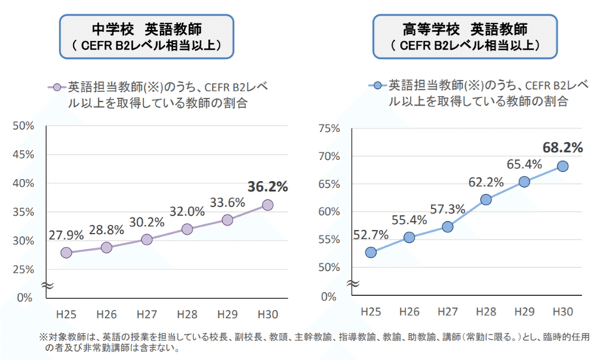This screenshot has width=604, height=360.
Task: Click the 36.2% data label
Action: tap(267, 186)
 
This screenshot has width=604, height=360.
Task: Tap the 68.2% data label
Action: tap(562, 147)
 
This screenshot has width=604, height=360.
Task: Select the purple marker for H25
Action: tap(66, 253)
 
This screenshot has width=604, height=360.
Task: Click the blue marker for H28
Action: tap(485, 199)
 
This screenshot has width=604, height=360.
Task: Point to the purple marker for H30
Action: tap(267, 205)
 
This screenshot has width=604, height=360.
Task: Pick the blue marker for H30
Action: tap(562, 166)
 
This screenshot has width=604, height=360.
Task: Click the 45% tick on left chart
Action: tap(23, 155)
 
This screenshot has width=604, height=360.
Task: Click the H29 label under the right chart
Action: tap(524, 312)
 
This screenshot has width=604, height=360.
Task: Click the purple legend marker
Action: tap(56, 88)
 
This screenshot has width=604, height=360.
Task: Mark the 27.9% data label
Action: tap(66, 235)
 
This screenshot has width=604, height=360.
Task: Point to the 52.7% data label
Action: tap(370, 235)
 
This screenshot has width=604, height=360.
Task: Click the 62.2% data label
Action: tap(485, 182)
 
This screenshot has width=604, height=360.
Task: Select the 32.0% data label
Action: tap(186, 211)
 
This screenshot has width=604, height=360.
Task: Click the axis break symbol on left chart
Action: tap(45, 286)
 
